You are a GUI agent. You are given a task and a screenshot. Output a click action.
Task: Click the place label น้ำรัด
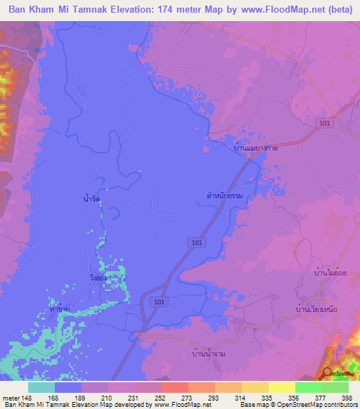(x=91, y=200)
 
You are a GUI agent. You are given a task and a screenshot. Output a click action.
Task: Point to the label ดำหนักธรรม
(x=224, y=197)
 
